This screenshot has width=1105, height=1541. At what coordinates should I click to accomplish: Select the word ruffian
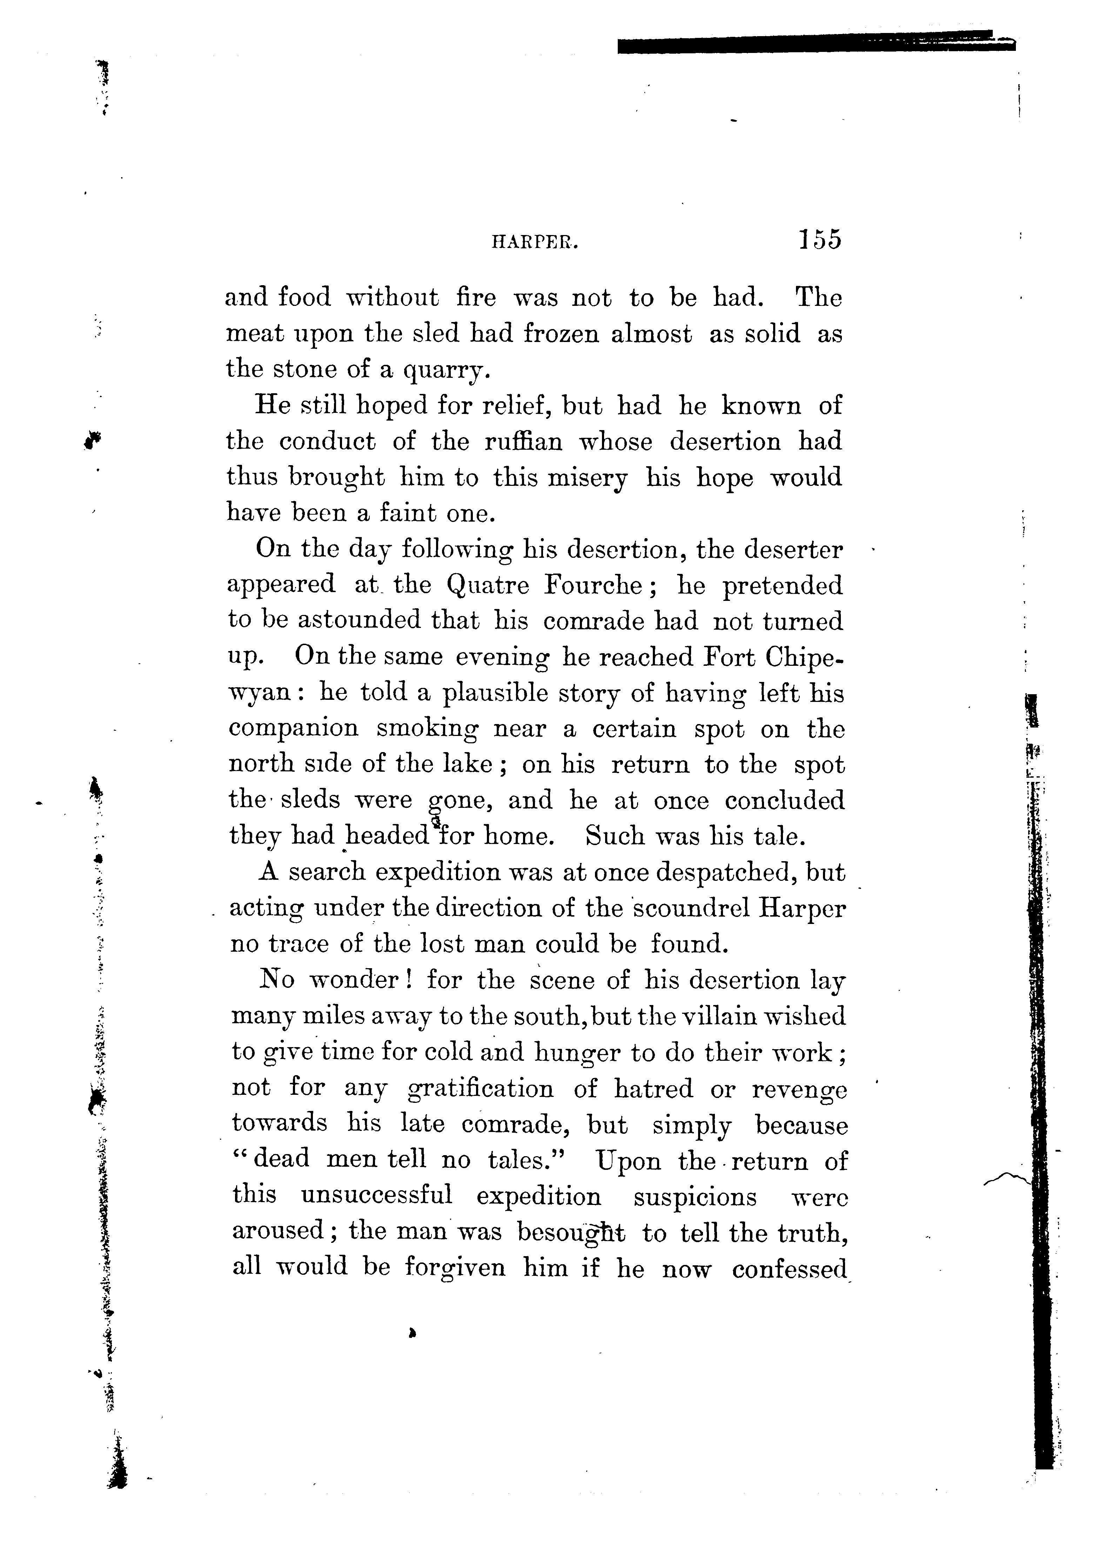tap(523, 442)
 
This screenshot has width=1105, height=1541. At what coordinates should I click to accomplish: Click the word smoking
tap(427, 728)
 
